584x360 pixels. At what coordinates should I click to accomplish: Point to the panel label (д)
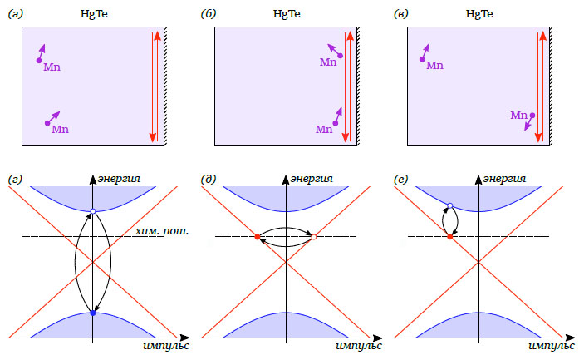209,179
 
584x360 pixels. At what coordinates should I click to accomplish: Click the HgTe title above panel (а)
92,14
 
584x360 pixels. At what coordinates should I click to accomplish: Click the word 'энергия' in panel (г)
118,179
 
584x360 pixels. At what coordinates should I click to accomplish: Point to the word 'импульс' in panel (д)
358,344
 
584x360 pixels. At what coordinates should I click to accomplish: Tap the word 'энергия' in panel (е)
505,179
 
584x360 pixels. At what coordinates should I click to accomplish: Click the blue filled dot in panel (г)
93,313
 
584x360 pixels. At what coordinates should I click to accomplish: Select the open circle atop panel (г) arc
93,210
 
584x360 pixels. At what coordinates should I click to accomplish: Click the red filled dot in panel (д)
258,238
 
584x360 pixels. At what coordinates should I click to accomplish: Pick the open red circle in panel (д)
313,238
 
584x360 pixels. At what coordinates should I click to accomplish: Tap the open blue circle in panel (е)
449,205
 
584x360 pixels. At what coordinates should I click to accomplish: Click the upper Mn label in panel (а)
52,66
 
